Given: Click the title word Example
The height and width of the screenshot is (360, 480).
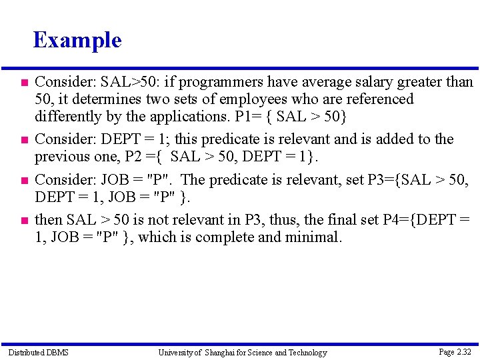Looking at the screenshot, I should (x=77, y=40).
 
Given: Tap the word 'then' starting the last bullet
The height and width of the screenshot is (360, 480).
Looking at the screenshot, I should (x=49, y=219).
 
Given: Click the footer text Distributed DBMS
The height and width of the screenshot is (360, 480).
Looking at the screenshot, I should (x=38, y=352).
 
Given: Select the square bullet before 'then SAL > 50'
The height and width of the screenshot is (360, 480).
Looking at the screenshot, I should (x=23, y=219).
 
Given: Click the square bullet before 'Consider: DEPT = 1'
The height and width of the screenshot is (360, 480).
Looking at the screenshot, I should (x=23, y=139).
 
